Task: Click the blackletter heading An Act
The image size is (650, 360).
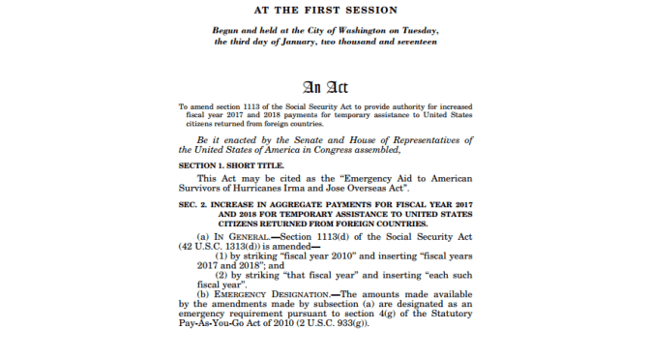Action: (x=325, y=85)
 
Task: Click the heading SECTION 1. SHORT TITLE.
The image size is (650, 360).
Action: (x=230, y=165)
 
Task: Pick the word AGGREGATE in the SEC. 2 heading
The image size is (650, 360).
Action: (x=294, y=207)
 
